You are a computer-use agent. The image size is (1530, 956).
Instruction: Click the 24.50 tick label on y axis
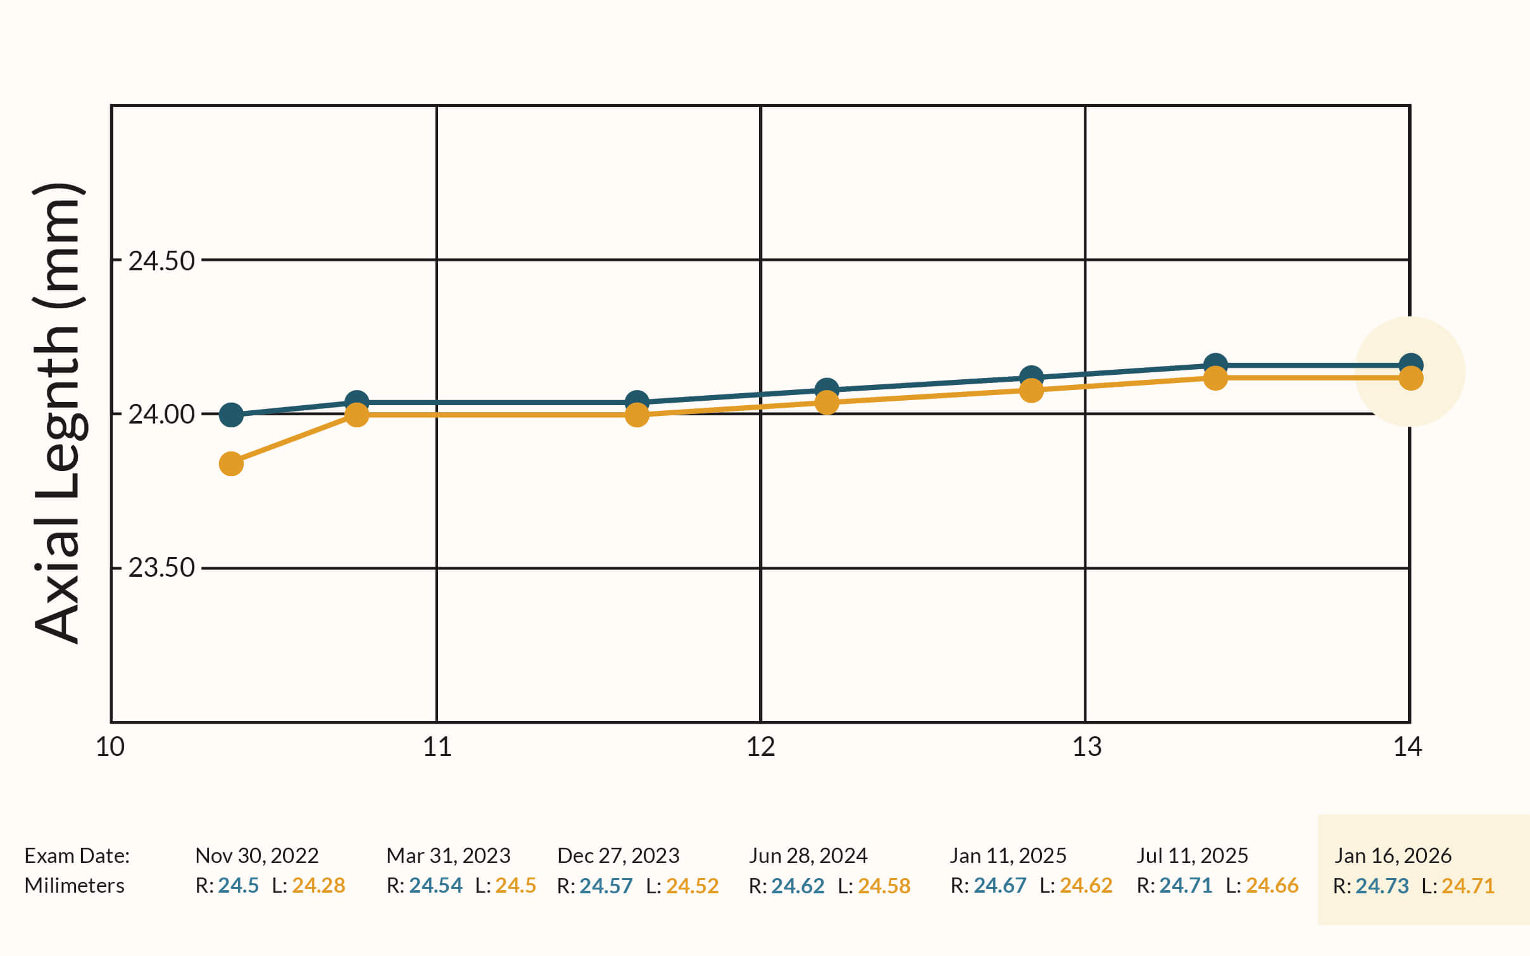tap(161, 261)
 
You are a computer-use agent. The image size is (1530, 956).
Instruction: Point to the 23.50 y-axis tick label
tap(161, 567)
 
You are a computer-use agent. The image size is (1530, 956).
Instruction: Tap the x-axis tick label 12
tap(760, 747)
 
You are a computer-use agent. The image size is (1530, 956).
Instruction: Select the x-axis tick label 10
tap(110, 747)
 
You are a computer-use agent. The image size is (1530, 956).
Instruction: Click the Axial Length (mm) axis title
tap(58, 413)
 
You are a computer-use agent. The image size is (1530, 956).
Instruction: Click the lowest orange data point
tap(231, 463)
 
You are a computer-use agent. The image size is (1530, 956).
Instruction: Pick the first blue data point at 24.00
tap(231, 415)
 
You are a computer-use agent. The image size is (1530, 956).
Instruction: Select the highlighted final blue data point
tap(1411, 365)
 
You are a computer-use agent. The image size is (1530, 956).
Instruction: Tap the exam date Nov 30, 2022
tap(256, 855)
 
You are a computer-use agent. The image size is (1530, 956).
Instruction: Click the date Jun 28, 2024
tap(808, 855)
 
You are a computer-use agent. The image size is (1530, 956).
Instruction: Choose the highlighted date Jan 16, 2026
tap(1393, 855)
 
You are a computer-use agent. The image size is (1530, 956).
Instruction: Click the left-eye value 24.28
tap(318, 885)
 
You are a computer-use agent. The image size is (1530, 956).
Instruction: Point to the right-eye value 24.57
tap(606, 885)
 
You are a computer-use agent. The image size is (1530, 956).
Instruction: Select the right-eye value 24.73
tap(1382, 885)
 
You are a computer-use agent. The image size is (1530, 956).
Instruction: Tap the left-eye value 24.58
tap(884, 885)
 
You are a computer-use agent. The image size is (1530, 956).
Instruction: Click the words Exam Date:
tap(77, 855)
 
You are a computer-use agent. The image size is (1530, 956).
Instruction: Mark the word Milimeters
tap(74, 885)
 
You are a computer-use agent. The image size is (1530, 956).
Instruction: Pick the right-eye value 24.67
tap(1000, 885)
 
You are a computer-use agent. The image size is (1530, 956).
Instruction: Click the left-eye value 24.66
tap(1272, 885)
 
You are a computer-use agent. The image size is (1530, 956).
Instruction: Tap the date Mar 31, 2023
tap(448, 855)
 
